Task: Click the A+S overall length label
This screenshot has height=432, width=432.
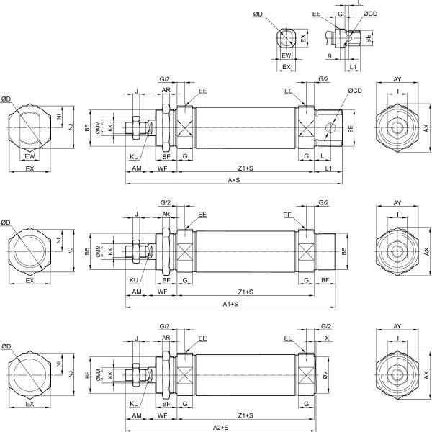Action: (x=234, y=179)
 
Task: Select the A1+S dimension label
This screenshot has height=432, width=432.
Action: (x=230, y=304)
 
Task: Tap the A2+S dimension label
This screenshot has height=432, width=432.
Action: (x=220, y=428)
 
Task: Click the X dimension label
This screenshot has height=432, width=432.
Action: (x=328, y=338)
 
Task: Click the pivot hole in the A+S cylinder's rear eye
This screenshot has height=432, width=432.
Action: (x=330, y=127)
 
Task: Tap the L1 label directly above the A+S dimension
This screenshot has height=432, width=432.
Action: (x=328, y=168)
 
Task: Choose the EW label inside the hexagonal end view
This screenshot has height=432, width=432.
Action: (x=30, y=156)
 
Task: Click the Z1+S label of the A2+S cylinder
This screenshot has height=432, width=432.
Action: (x=245, y=415)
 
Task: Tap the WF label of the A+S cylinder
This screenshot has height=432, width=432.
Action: (x=163, y=168)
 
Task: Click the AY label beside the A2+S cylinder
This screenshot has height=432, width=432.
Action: (x=397, y=326)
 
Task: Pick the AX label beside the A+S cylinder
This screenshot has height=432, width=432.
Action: (x=426, y=127)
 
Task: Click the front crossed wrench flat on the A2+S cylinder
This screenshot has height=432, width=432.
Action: (x=185, y=375)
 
